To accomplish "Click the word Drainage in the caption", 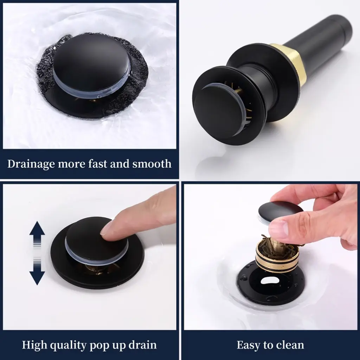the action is point(31,164).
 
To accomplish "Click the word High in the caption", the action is point(34,345).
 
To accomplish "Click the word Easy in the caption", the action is point(249,345).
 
